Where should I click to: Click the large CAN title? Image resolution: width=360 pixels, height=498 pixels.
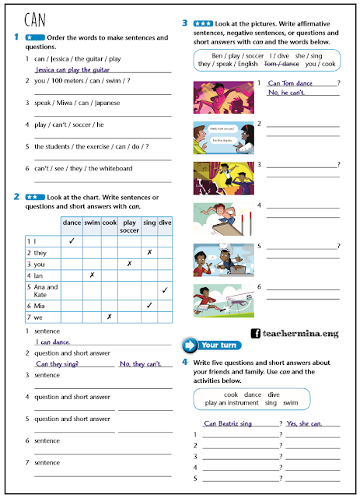(37, 19)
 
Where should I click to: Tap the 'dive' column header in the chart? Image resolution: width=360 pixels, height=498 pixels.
(165, 223)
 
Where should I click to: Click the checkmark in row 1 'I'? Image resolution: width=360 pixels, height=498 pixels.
(71, 241)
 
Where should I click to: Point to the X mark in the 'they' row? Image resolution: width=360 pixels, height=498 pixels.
(149, 253)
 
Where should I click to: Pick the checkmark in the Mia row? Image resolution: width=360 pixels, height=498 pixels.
(149, 305)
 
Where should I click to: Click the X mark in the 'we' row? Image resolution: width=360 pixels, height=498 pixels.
(109, 317)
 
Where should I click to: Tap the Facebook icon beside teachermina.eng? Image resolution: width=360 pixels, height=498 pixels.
(255, 333)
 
